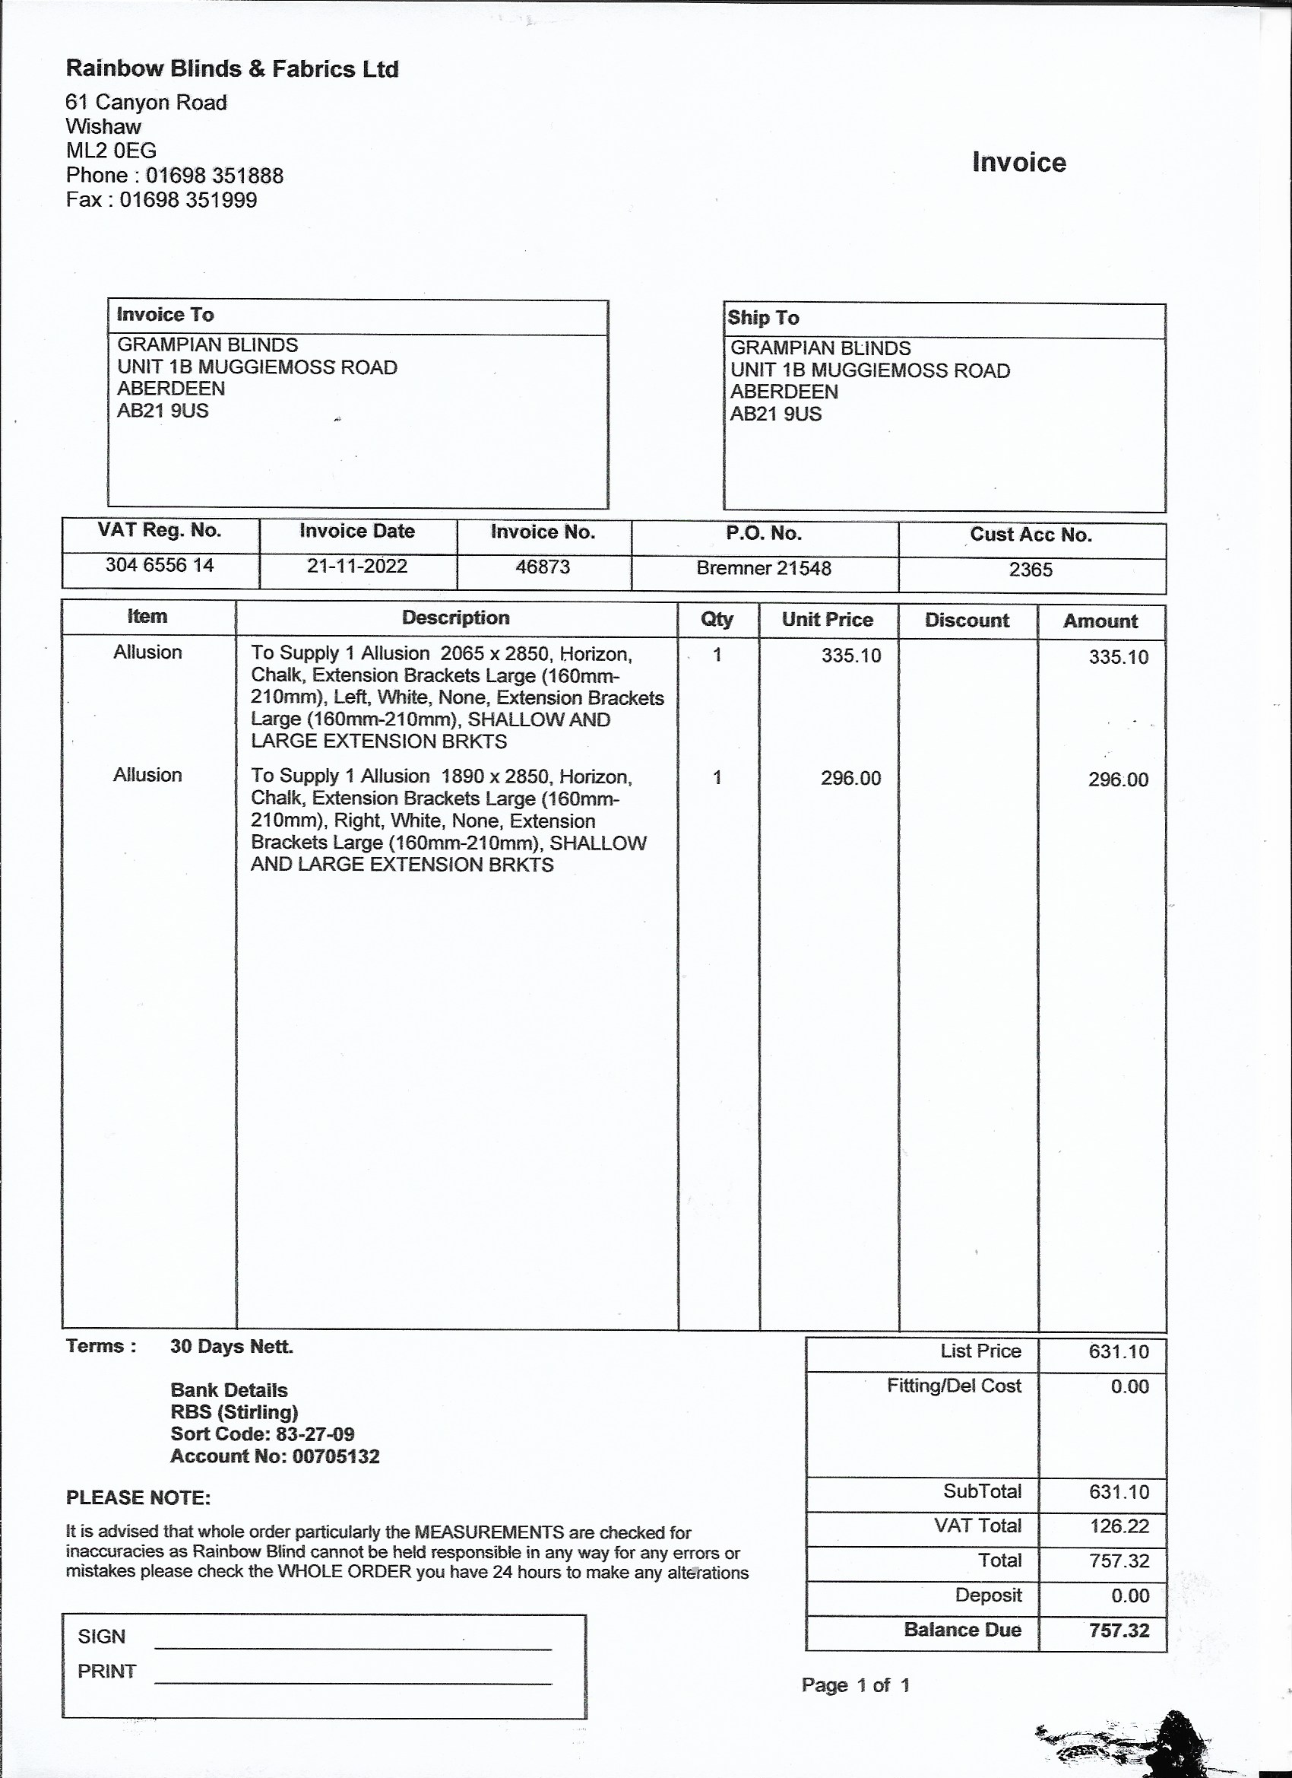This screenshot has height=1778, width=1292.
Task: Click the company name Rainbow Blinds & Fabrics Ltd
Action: (x=232, y=69)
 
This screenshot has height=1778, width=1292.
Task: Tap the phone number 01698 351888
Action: (x=214, y=175)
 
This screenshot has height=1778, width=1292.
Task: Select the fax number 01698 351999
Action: (x=188, y=200)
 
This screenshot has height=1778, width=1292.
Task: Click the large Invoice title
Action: (x=1018, y=162)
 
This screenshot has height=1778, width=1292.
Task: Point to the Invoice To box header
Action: (x=166, y=314)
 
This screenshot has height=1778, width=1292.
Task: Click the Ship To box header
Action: (x=763, y=318)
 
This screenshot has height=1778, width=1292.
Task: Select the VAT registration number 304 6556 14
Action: (x=160, y=565)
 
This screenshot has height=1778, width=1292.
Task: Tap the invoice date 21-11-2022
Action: (x=357, y=566)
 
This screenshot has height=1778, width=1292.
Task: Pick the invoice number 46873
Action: (x=543, y=567)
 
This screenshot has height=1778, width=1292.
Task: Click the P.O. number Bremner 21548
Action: (x=764, y=568)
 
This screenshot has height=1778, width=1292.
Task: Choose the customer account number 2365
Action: (x=1031, y=570)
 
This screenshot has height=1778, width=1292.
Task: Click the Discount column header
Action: (x=967, y=620)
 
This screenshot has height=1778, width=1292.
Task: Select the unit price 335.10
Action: (x=851, y=656)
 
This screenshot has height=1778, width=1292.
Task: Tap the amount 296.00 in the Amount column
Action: (x=1118, y=779)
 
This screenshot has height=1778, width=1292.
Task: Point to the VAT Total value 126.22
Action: (x=1119, y=1526)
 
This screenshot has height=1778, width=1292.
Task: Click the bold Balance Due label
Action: (x=962, y=1630)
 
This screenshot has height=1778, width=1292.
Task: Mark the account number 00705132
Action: (x=335, y=1456)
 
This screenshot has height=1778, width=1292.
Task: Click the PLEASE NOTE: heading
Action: (x=138, y=1497)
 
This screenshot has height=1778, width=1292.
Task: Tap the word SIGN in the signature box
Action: (x=102, y=1636)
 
